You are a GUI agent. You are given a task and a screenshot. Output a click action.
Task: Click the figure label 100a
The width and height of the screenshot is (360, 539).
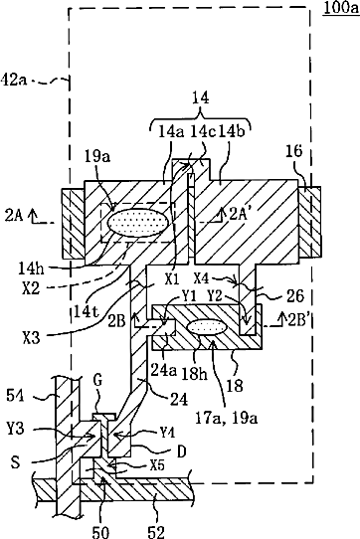click(x=341, y=8)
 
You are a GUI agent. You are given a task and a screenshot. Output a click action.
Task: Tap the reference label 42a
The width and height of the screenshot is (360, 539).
click(x=14, y=81)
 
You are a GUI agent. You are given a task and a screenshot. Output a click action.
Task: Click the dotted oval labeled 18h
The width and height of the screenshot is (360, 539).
click(x=208, y=327)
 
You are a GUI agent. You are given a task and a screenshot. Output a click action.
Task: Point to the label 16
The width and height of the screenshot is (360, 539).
click(x=293, y=150)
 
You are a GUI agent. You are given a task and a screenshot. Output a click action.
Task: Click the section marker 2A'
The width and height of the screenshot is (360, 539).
click(x=238, y=215)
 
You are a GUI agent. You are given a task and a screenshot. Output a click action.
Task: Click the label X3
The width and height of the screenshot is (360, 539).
click(x=31, y=338)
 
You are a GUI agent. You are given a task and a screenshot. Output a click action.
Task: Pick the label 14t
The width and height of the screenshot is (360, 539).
click(x=87, y=312)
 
